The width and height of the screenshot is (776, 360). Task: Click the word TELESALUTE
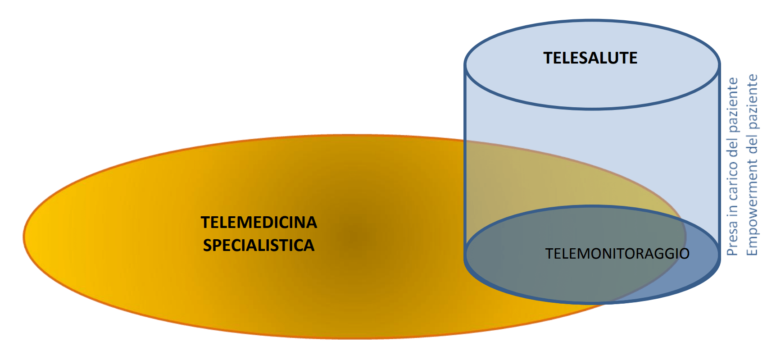[x=590, y=58]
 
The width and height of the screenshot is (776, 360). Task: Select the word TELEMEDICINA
[x=259, y=223]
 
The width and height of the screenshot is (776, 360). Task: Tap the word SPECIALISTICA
[x=259, y=246]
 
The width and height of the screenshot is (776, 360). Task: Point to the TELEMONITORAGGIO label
[x=617, y=254]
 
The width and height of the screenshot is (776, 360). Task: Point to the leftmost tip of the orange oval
[x=25, y=236]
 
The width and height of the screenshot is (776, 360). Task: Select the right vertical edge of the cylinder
[x=719, y=158]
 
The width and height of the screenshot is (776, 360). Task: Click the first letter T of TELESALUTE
[x=548, y=58]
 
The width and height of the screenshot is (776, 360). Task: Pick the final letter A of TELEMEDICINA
[x=311, y=223]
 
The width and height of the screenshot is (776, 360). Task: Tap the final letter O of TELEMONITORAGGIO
[x=684, y=254]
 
